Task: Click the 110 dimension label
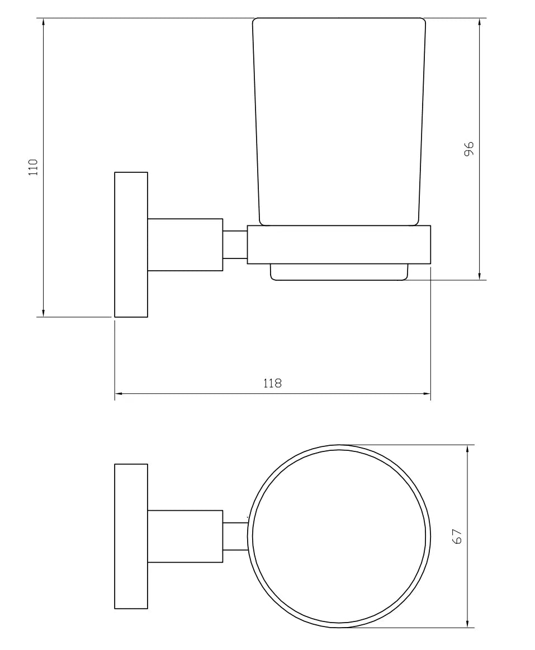click(x=33, y=167)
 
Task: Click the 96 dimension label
click(x=468, y=148)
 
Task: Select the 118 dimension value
click(x=272, y=383)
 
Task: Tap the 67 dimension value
click(x=457, y=536)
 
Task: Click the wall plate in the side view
click(x=131, y=244)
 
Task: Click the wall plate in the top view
click(x=131, y=536)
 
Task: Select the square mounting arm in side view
click(x=185, y=244)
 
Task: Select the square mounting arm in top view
click(x=185, y=536)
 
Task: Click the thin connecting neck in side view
click(x=235, y=244)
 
